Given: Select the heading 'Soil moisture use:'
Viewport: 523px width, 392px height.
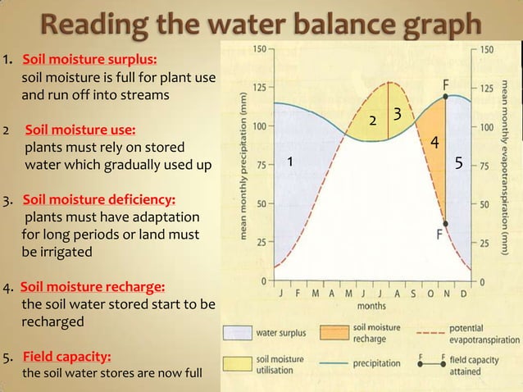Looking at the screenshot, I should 81,130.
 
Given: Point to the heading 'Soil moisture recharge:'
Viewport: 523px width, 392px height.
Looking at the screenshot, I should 93,288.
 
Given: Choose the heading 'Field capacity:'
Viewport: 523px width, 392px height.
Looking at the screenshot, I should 67,358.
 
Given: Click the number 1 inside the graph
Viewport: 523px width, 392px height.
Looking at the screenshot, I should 289,162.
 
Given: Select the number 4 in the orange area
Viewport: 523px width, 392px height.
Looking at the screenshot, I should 434,143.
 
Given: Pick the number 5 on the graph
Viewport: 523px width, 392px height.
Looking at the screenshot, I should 459,162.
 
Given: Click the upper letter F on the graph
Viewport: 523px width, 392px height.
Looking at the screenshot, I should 446,84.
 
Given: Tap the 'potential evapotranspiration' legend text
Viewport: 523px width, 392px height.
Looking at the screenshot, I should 472,333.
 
